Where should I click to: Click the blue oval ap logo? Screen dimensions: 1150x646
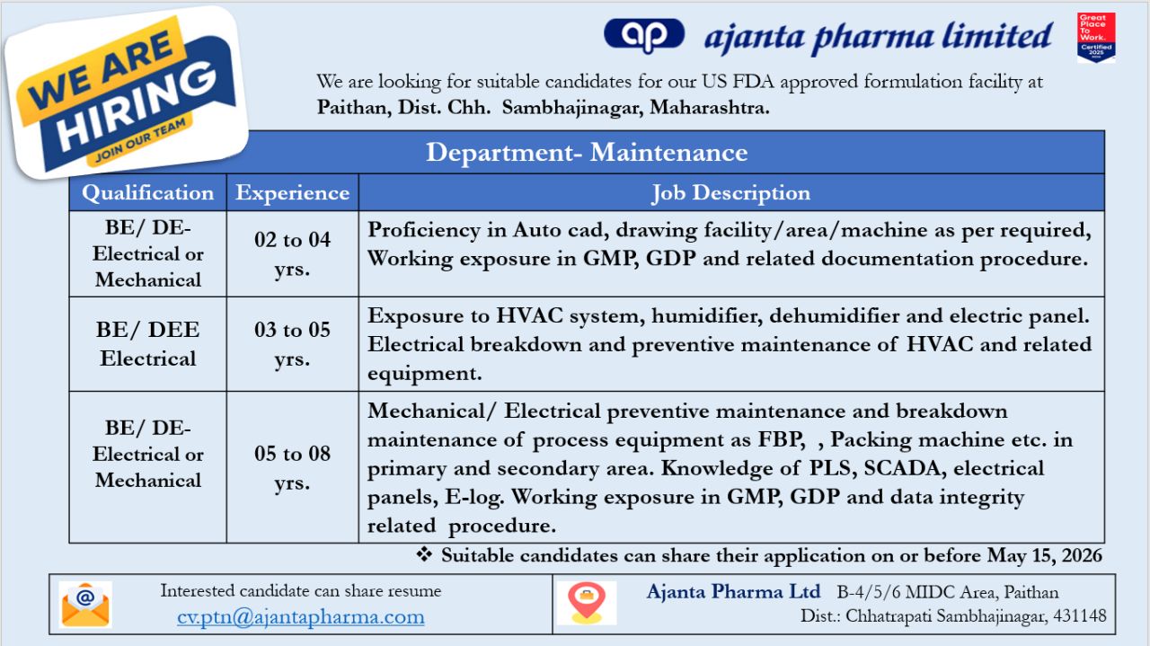point(644,35)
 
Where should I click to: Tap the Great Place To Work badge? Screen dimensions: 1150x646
point(1096,38)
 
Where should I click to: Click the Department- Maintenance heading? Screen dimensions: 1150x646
point(587,153)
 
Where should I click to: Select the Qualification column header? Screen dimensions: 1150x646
point(148,193)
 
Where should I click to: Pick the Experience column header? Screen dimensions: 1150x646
point(293,193)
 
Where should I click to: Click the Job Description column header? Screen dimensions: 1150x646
point(731,193)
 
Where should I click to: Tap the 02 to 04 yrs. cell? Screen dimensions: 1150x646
point(292,253)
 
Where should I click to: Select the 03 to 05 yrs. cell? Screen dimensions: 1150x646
point(292,344)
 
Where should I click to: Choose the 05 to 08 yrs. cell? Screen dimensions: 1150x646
point(292,468)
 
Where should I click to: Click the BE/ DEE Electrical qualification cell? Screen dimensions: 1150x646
point(148,344)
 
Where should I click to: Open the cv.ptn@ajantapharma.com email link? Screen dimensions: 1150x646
point(301,616)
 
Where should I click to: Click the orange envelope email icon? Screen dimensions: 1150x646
point(85,605)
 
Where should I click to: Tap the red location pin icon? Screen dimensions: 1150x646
point(587,603)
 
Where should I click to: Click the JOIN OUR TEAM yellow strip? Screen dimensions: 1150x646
point(140,141)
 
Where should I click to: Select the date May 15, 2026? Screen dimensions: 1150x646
point(1045,555)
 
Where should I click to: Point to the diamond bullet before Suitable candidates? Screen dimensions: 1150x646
point(424,554)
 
